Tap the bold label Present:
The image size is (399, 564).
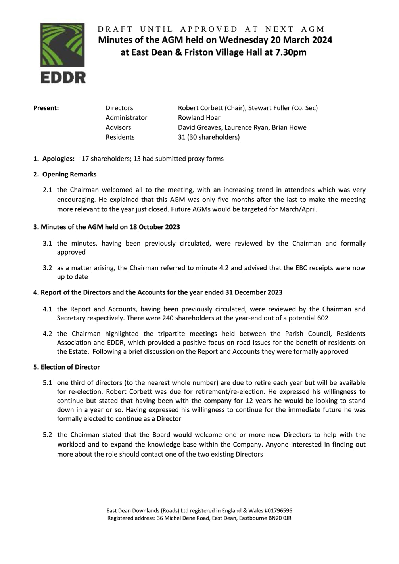click(46, 108)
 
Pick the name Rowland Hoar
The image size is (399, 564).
click(199, 118)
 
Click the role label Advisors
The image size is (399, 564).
click(118, 127)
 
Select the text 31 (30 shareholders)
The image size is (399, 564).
click(209, 137)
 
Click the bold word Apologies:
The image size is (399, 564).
click(58, 159)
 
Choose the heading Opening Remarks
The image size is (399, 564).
click(69, 174)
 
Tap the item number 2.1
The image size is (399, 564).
click(48, 190)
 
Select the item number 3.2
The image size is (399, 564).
click(48, 268)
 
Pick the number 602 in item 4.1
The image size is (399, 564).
click(323, 318)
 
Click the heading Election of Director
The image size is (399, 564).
click(70, 367)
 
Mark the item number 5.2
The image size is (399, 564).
click(48, 435)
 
